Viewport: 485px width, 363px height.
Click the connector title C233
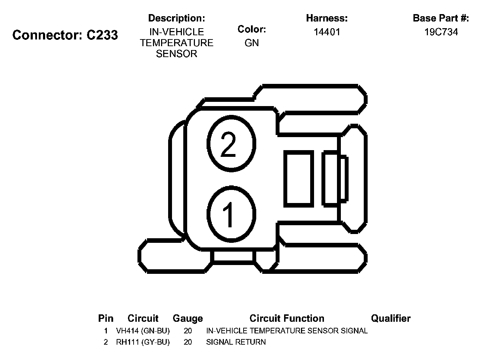[65, 35]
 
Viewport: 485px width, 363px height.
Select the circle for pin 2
[231, 144]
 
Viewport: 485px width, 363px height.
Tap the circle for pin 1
[231, 214]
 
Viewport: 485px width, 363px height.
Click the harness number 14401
[327, 32]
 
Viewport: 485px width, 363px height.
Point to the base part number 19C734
[441, 32]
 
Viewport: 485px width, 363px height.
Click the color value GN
[252, 43]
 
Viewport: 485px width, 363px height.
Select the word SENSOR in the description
[177, 54]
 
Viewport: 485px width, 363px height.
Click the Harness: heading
[327, 18]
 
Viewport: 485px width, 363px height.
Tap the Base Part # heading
[441, 18]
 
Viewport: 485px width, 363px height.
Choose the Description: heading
[177, 18]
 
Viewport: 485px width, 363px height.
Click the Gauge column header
[188, 319]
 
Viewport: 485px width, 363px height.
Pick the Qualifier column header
[391, 319]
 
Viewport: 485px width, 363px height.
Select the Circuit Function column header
[287, 319]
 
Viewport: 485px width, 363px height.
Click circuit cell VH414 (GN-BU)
[143, 331]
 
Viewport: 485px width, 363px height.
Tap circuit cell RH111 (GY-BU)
[143, 342]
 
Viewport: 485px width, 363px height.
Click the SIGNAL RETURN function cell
[236, 342]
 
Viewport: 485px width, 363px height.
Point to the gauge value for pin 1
[188, 331]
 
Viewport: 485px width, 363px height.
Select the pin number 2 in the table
[105, 342]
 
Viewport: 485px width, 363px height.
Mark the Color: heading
[252, 29]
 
